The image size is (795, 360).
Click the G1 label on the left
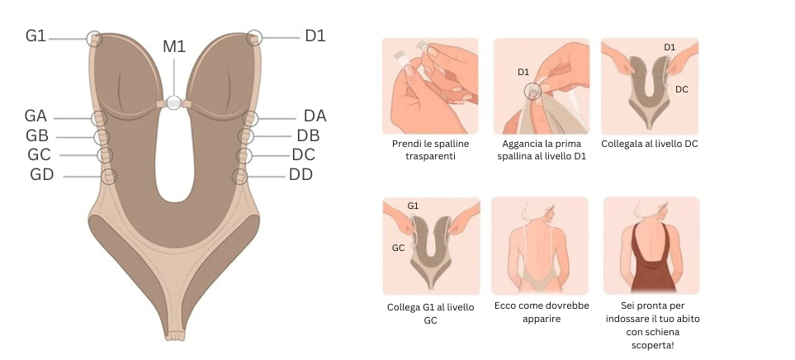point(35,36)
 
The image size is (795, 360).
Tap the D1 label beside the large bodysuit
point(315,36)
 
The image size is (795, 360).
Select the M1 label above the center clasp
point(174,46)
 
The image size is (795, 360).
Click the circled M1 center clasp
point(173,102)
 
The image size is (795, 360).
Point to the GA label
point(36,116)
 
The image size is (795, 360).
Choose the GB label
point(37,135)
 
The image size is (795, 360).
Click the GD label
point(41,174)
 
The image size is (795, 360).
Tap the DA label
point(315,116)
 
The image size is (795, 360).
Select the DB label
point(308,135)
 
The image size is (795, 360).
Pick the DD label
point(300,174)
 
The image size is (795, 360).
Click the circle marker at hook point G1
point(95,38)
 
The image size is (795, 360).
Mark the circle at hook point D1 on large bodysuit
point(254,37)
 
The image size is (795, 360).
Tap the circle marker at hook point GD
point(108,176)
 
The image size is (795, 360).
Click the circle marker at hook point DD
point(240,176)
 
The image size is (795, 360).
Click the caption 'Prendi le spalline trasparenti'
point(430,149)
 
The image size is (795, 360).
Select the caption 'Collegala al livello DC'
point(650,144)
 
